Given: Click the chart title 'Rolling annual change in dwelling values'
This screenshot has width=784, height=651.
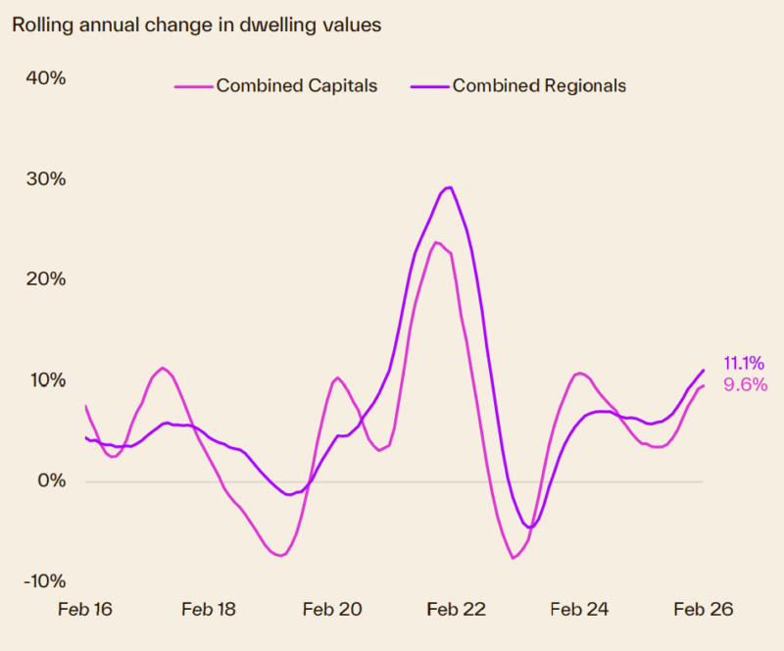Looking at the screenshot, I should (196, 25).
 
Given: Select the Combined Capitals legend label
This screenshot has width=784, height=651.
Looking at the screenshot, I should (296, 85).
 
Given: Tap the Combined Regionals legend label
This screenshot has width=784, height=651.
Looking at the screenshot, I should (538, 85).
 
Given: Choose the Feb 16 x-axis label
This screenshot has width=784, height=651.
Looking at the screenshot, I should (85, 609).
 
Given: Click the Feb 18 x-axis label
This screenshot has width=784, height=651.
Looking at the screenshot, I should (209, 609).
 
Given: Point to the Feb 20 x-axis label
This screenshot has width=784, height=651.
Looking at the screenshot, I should (332, 609).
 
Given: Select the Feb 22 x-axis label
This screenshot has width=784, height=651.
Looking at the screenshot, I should (456, 609).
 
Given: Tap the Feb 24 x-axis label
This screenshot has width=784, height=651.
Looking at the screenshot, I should (579, 609).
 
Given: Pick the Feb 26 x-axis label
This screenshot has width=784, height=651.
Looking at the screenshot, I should (703, 609).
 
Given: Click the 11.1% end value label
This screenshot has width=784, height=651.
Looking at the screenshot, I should (744, 364).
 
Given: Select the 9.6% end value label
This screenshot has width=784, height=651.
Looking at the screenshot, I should (745, 385).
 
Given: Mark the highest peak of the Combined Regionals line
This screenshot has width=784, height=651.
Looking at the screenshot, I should (449, 186).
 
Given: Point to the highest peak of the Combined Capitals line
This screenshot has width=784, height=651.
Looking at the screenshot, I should (436, 242).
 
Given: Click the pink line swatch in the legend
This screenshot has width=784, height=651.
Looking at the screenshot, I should (193, 86).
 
